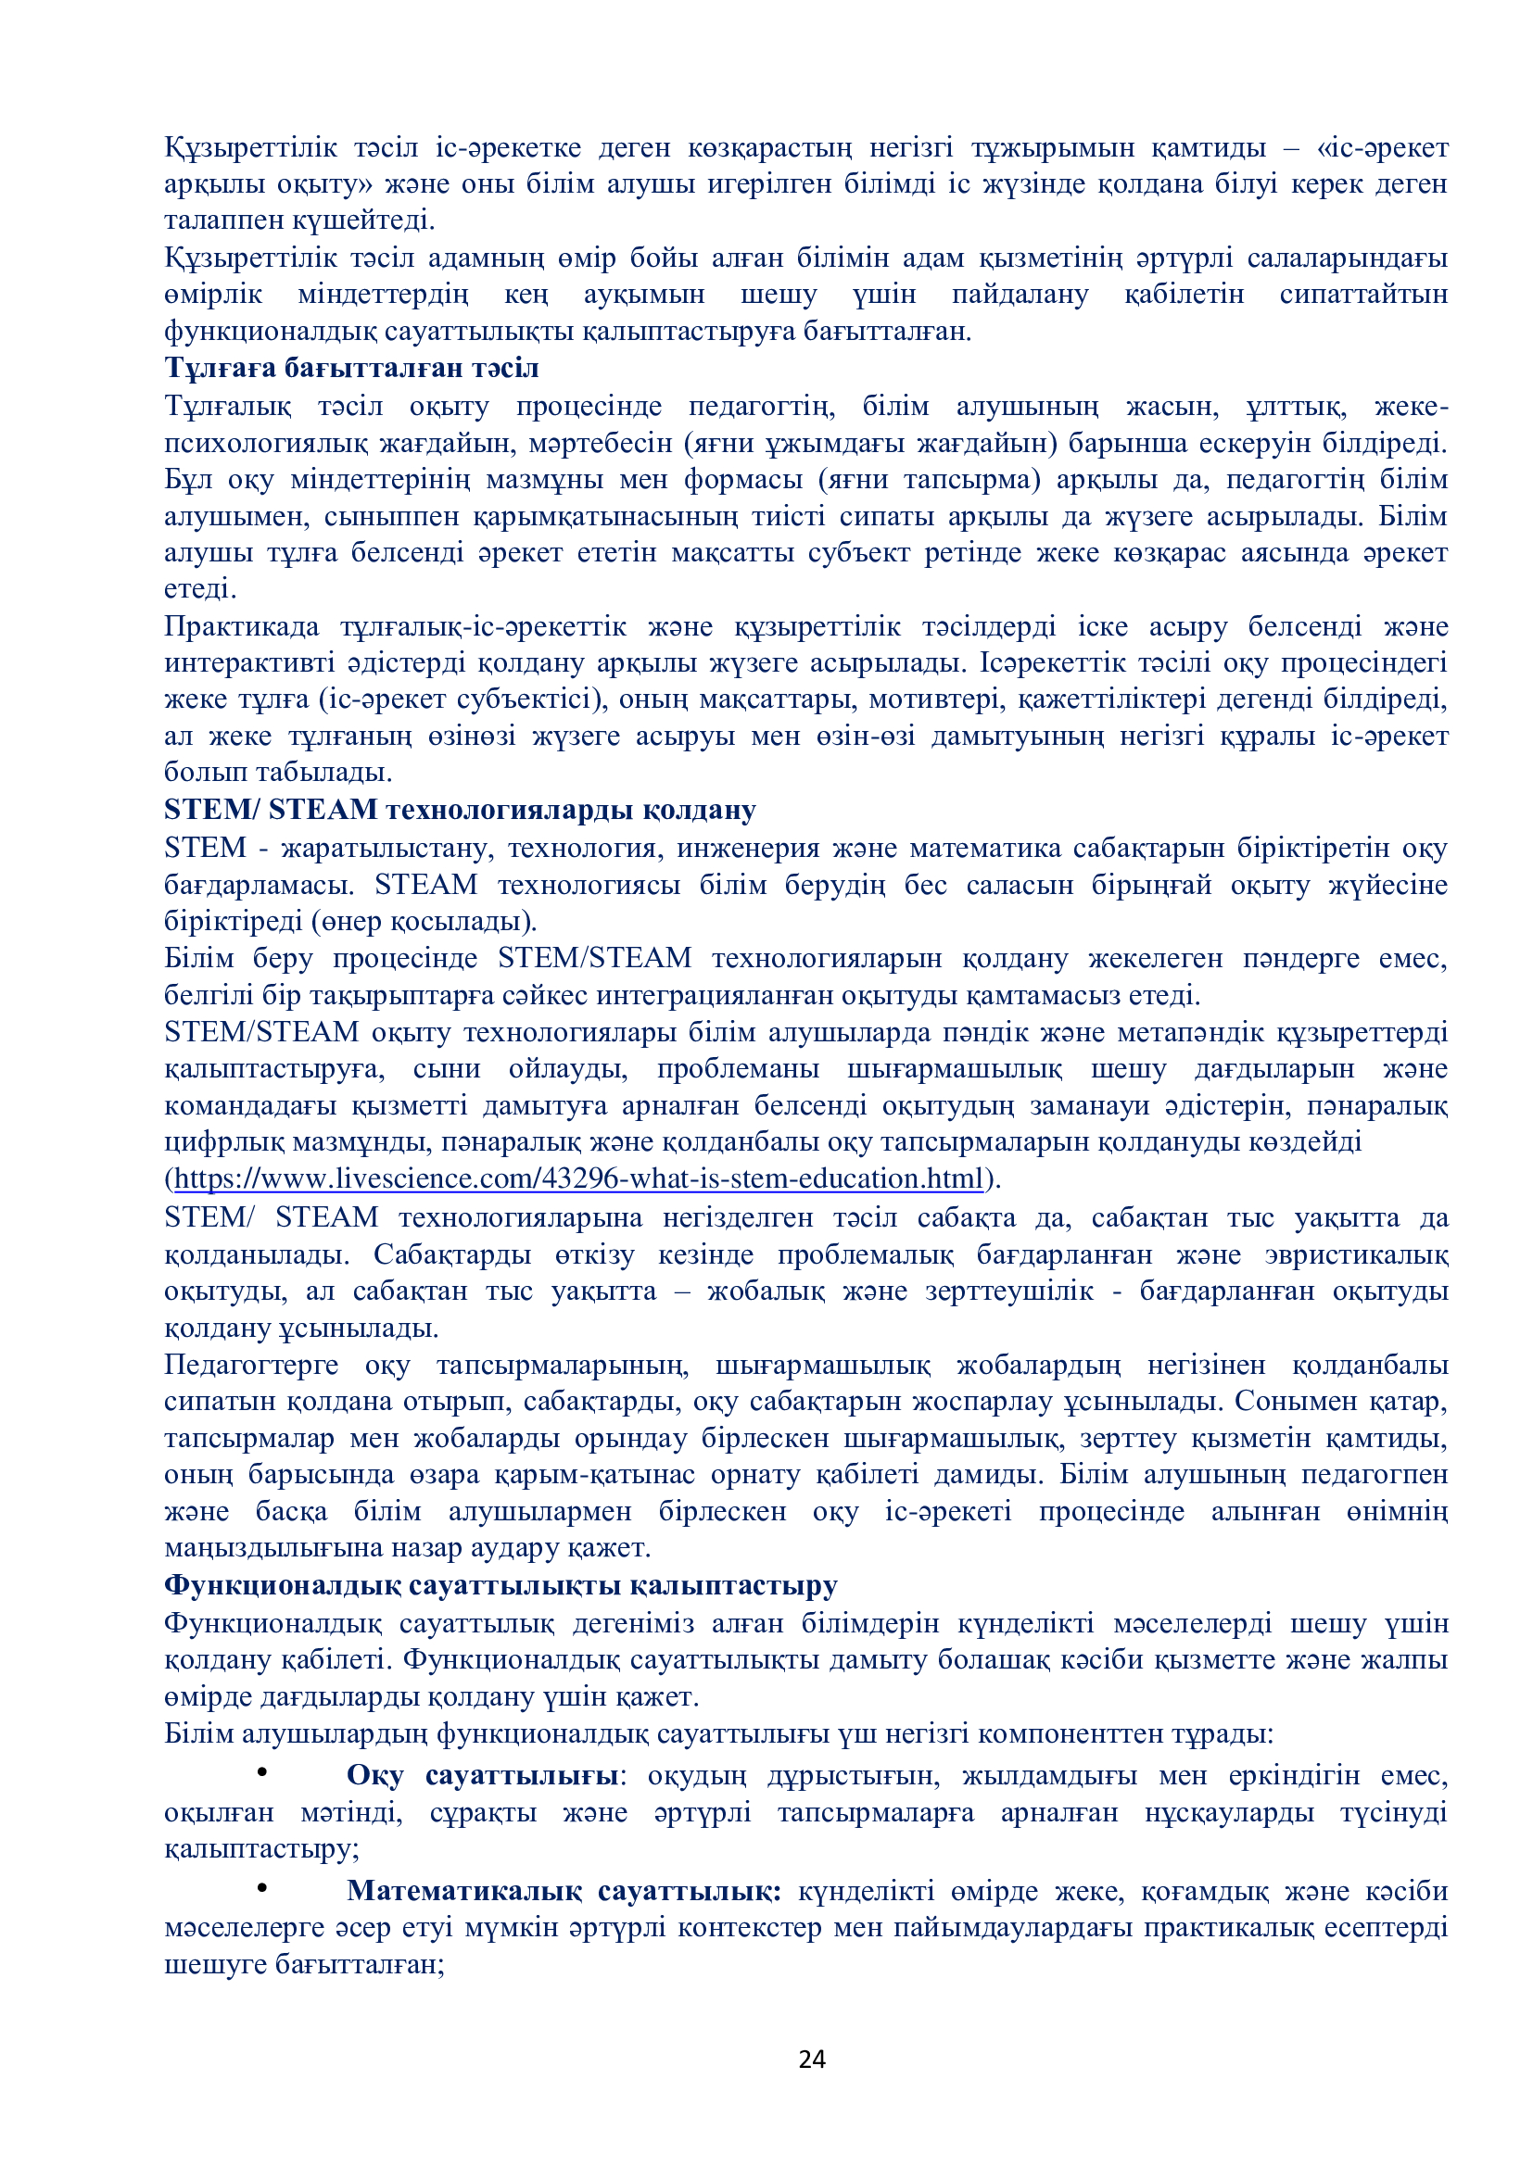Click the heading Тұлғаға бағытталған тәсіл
351,368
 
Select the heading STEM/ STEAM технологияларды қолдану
460,810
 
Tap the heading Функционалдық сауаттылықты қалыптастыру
500,1584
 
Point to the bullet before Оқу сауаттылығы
263,1772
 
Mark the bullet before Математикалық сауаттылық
263,1887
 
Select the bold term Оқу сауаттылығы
482,1775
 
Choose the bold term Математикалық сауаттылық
564,1891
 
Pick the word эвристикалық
1357,1254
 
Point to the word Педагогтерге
251,1365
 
